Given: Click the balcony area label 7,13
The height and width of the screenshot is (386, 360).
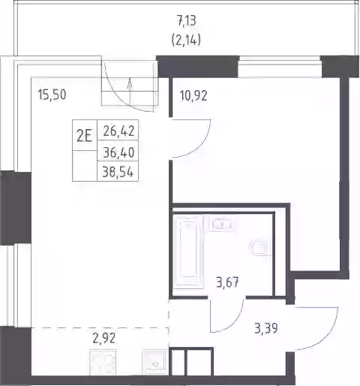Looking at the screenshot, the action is (x=187, y=21).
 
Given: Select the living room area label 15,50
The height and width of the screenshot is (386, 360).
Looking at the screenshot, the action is (x=52, y=95).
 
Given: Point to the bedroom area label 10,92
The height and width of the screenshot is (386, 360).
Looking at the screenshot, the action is (x=193, y=95).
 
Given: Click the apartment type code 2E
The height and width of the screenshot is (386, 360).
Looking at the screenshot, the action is (x=84, y=137).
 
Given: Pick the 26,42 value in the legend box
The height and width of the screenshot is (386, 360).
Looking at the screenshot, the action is (x=118, y=131).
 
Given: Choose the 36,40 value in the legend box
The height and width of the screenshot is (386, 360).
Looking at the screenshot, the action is (x=118, y=152).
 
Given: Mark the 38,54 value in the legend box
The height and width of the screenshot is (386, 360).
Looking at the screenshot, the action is (x=118, y=172).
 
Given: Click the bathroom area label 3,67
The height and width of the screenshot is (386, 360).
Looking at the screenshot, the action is (x=227, y=282).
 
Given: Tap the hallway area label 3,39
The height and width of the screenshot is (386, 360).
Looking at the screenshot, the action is (x=266, y=328).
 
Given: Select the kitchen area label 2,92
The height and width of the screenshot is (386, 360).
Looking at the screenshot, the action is (x=103, y=339).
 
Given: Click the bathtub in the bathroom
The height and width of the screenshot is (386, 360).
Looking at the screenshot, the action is (x=188, y=252).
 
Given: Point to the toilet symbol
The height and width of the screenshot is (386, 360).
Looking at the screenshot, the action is (x=259, y=248).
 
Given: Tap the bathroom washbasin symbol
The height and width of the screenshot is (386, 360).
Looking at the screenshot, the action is (x=222, y=224).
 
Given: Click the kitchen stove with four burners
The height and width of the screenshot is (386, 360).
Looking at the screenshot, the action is (x=103, y=363).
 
